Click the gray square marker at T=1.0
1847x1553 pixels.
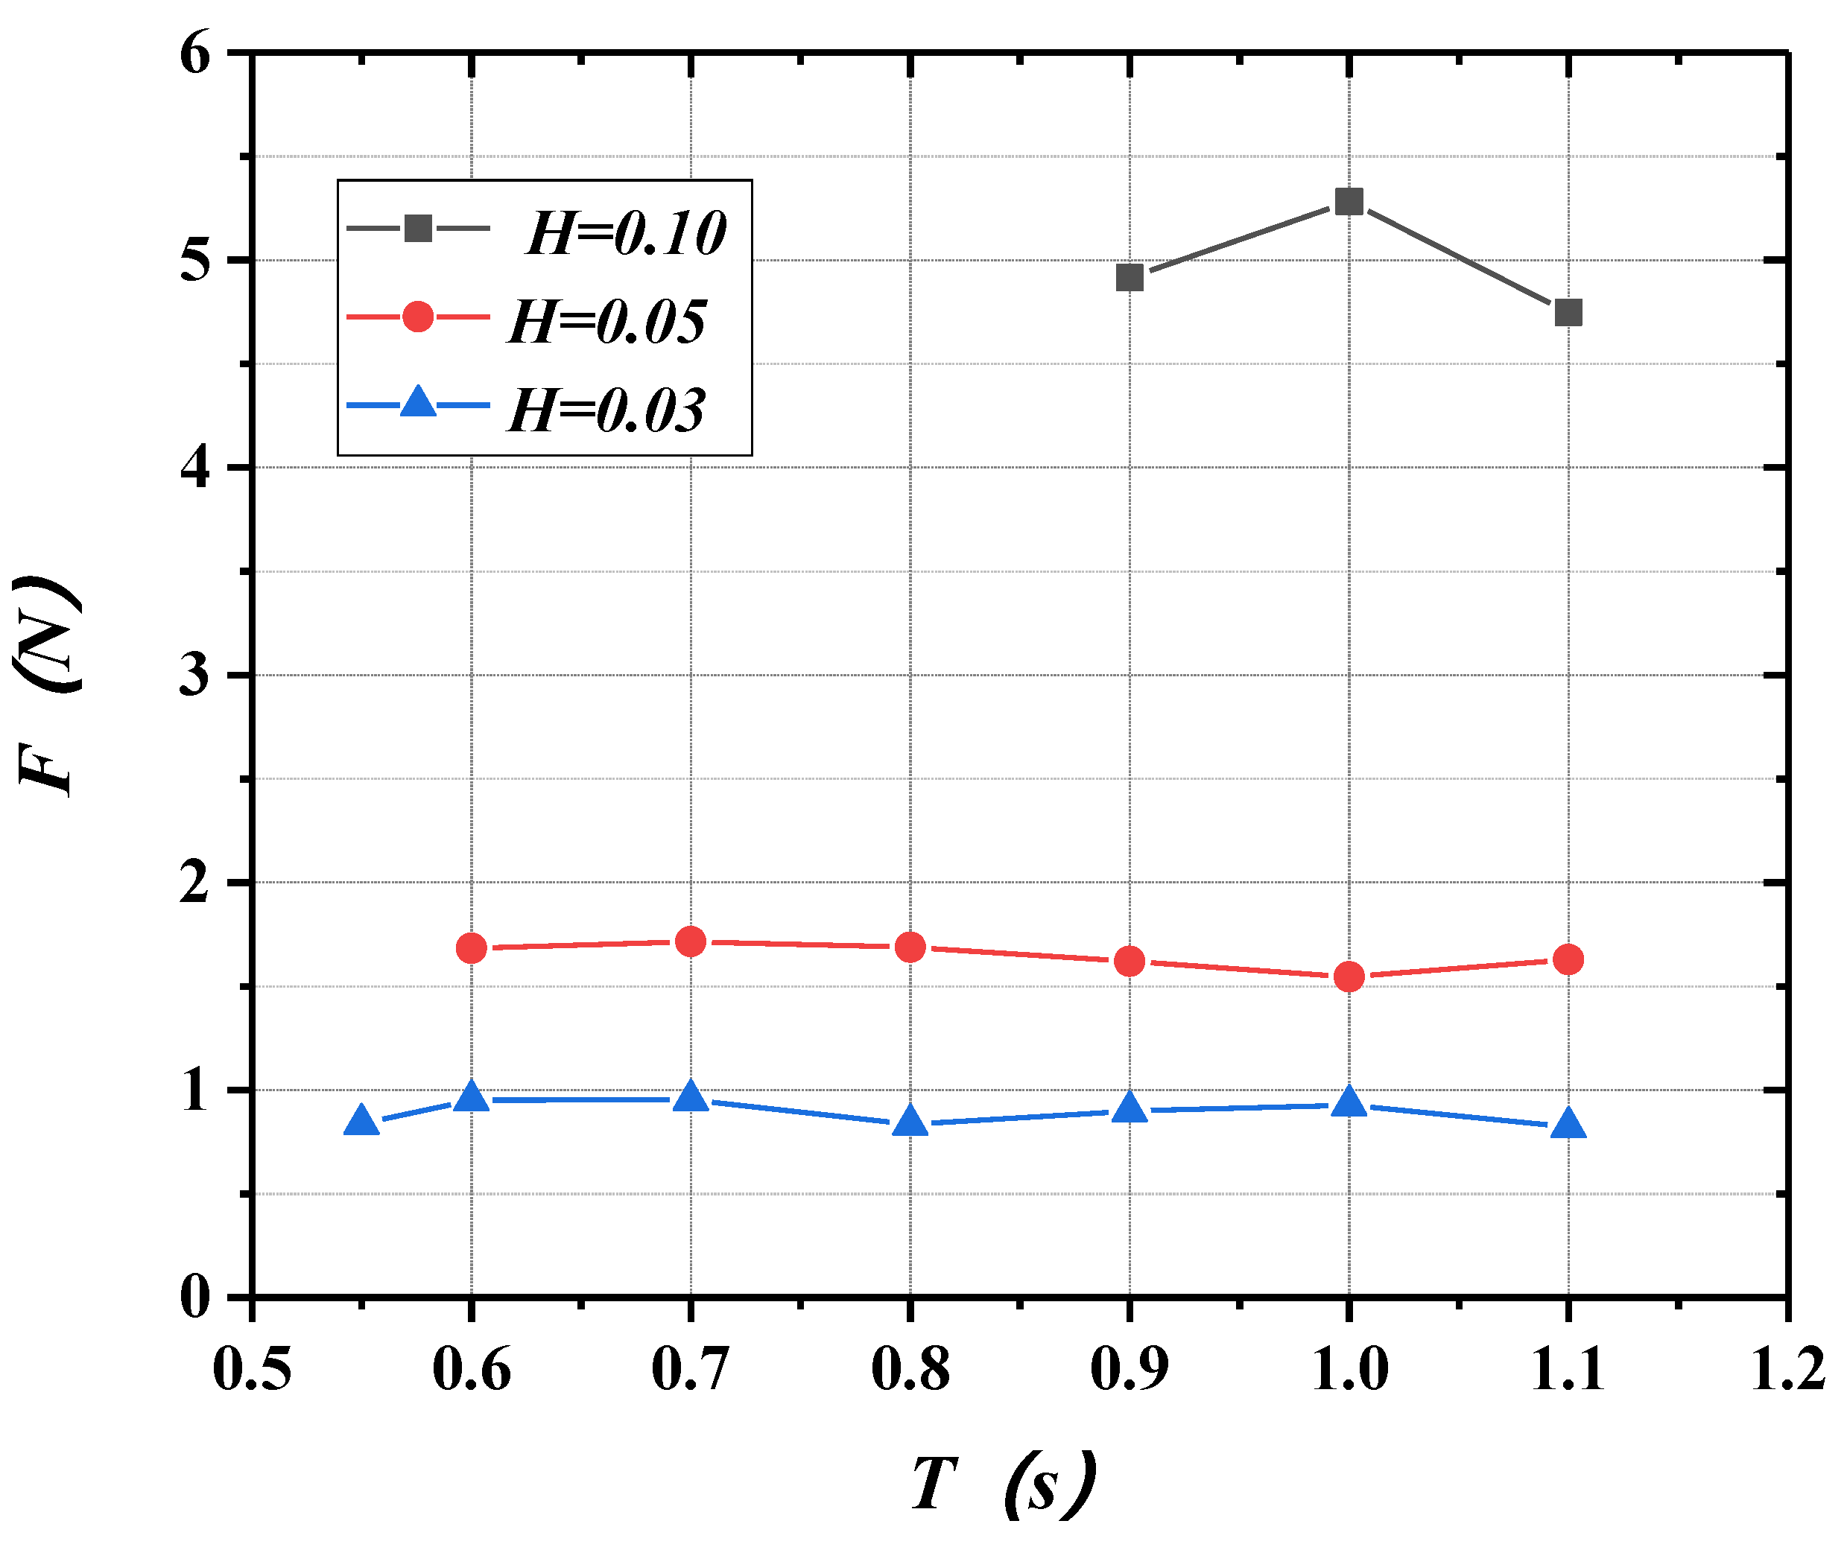click(1349, 202)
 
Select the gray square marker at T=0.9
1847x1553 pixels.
click(1130, 277)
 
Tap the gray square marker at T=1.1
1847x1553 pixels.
click(1568, 313)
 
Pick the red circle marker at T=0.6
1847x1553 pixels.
click(471, 948)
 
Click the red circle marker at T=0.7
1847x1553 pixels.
click(691, 942)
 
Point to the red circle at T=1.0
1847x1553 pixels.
click(1349, 976)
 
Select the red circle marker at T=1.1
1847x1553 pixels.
click(1568, 959)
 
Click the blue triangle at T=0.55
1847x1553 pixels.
click(361, 1122)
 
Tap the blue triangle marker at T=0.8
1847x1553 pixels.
click(910, 1122)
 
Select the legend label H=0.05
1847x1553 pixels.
click(607, 321)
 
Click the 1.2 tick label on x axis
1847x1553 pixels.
click(1787, 1370)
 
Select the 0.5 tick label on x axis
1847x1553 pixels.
click(252, 1370)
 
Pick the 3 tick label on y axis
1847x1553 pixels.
click(195, 676)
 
